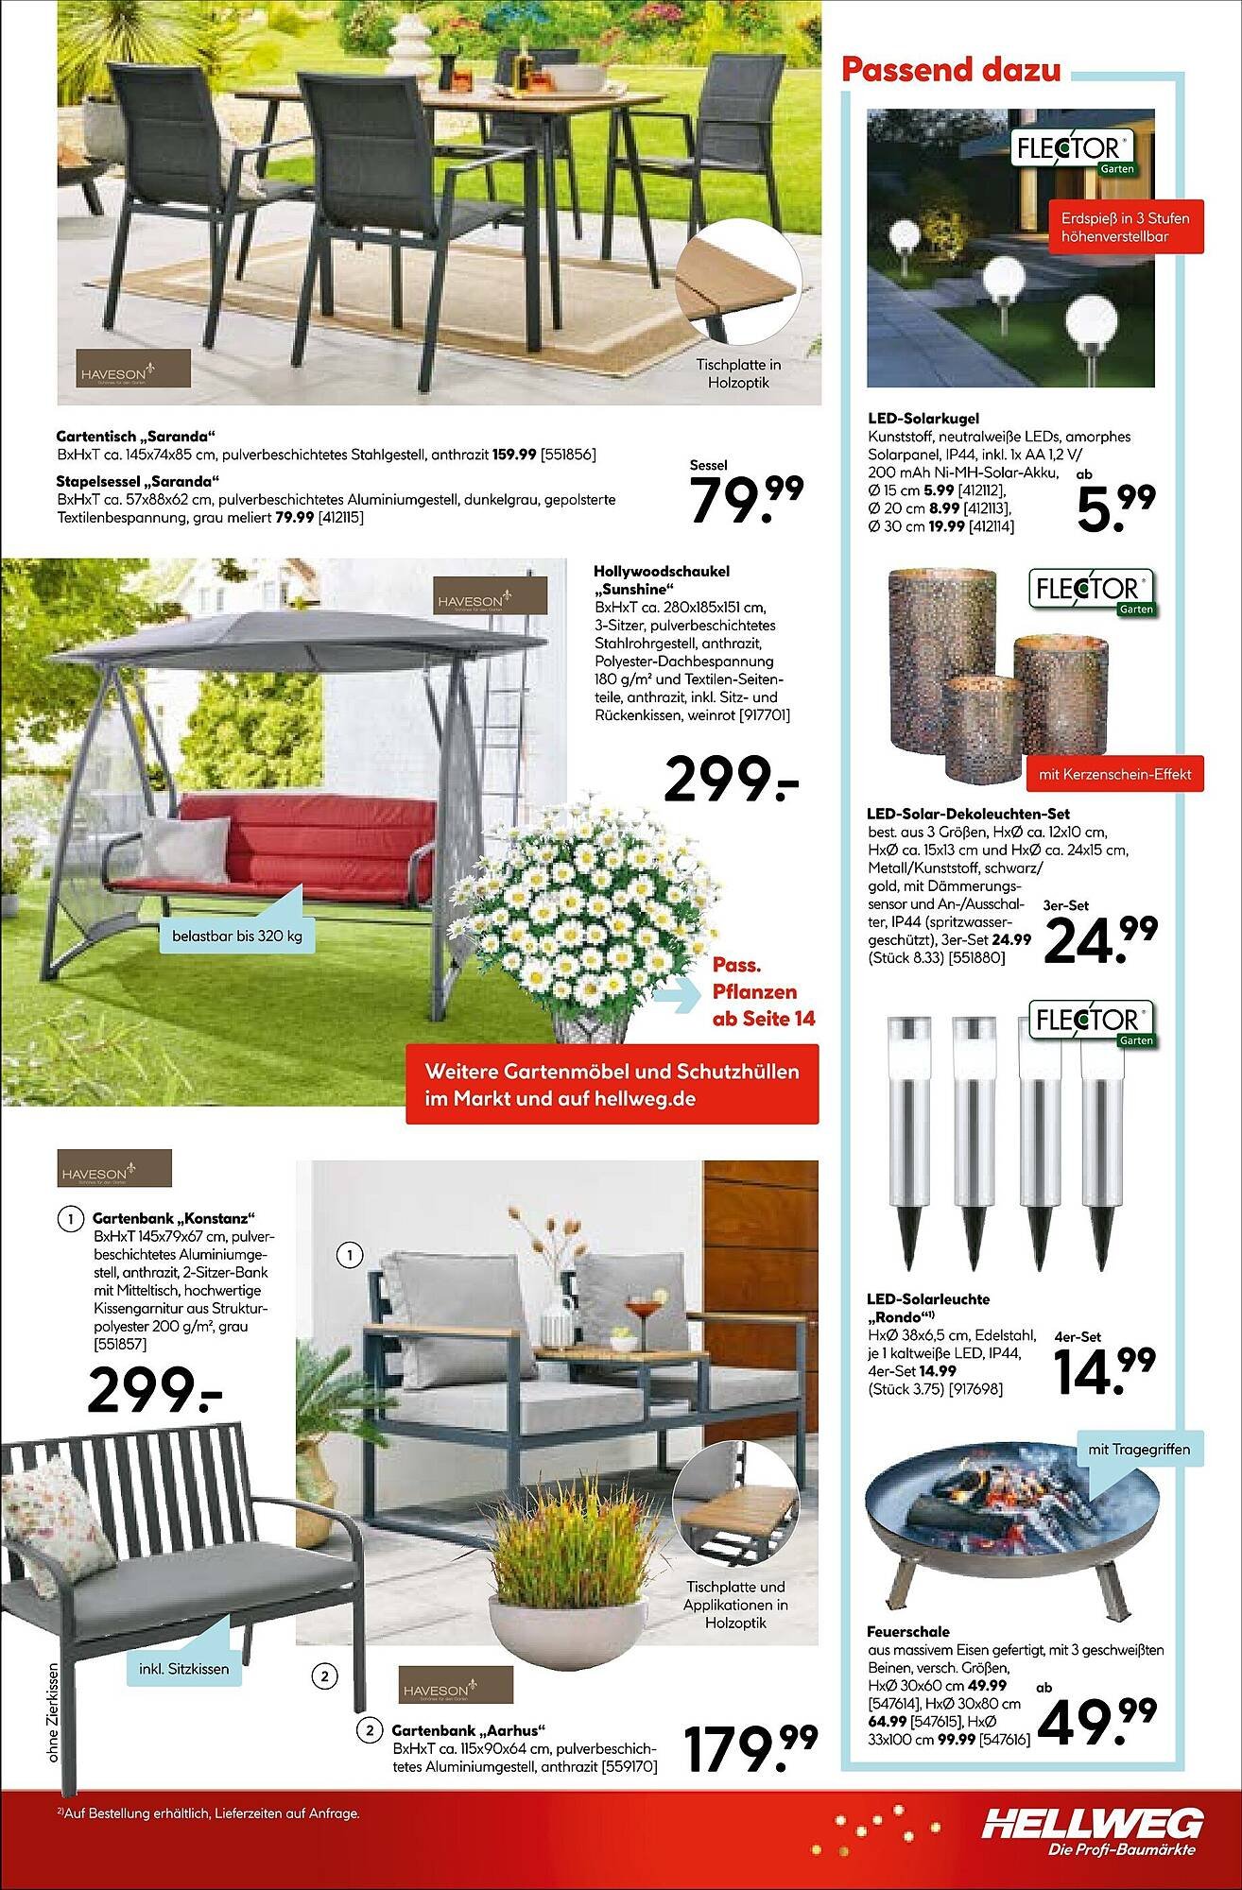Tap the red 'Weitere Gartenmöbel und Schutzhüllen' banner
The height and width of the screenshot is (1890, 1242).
pos(612,1084)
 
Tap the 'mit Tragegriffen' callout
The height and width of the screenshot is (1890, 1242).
pos(1138,1448)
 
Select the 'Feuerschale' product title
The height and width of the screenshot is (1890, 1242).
pos(907,1631)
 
